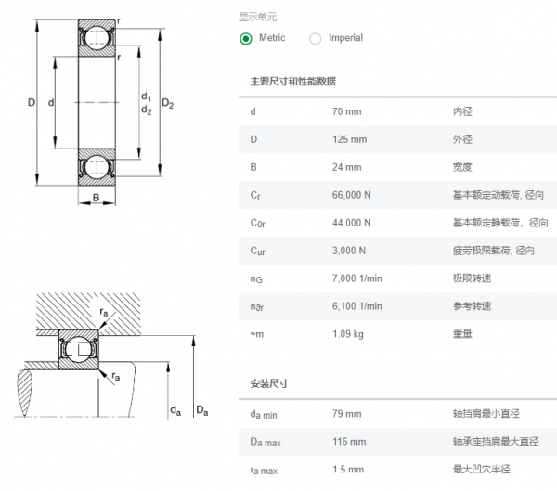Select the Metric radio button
[x=245, y=38]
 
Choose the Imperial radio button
[x=315, y=38]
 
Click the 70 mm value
[x=346, y=111]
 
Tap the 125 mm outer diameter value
[x=350, y=139]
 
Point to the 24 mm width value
[x=346, y=167]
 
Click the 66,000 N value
[x=351, y=195]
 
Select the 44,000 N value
[x=351, y=223]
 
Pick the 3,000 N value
[x=349, y=251]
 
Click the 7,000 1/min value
[x=357, y=278]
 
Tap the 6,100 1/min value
[x=357, y=306]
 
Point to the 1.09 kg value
[x=348, y=334]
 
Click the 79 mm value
[x=346, y=414]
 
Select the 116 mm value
[x=349, y=442]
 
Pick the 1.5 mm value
[x=348, y=470]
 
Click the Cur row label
[x=257, y=251]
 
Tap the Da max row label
[x=266, y=442]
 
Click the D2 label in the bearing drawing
[x=168, y=104]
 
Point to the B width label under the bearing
[x=97, y=198]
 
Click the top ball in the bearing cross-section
[x=97, y=37]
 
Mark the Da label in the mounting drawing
[x=202, y=410]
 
